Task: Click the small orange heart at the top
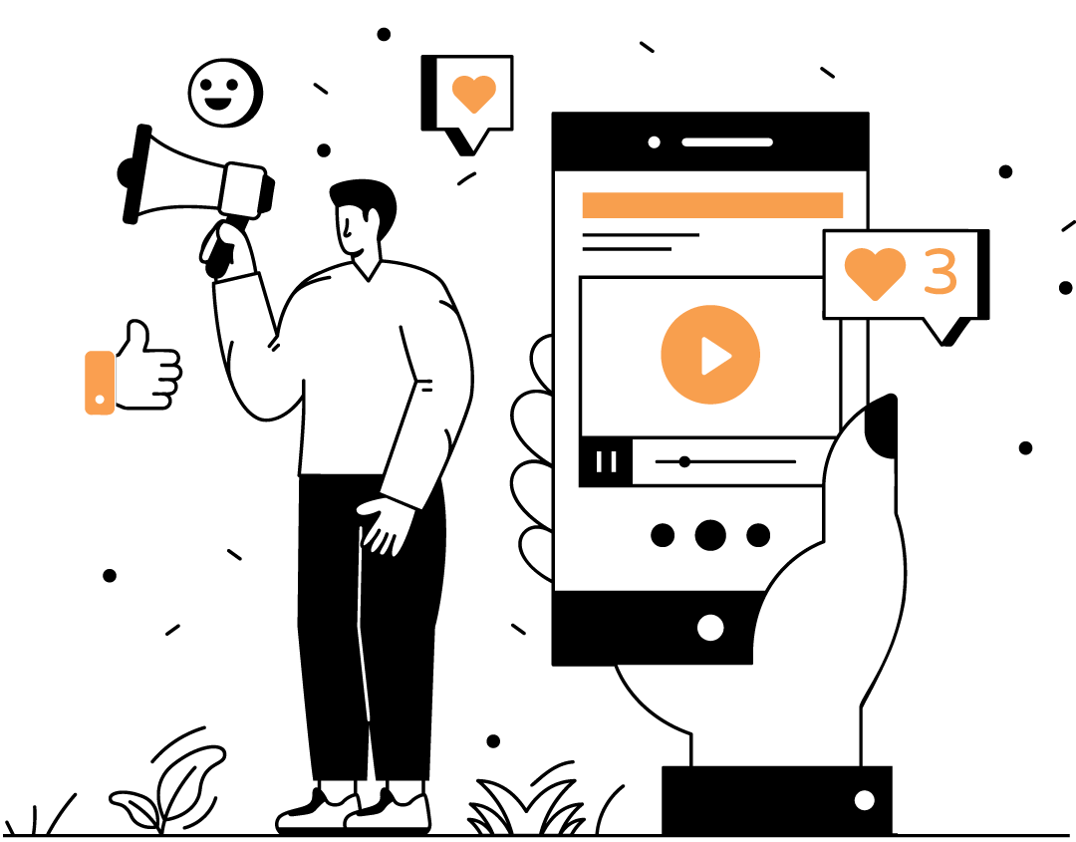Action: pos(474,93)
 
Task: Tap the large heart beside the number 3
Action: pos(875,271)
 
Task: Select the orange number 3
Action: pos(941,271)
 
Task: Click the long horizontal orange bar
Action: pos(712,205)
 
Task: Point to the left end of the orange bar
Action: pos(586,205)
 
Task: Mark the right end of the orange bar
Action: pos(840,205)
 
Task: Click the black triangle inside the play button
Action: pos(714,356)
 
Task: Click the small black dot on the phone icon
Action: pos(100,400)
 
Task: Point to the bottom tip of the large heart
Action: pos(875,298)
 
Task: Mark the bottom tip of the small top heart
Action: pos(474,112)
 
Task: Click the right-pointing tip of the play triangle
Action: pos(730,356)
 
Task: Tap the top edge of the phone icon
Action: pos(100,353)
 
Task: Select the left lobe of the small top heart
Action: pos(463,88)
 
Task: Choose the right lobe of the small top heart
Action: pos(485,88)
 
